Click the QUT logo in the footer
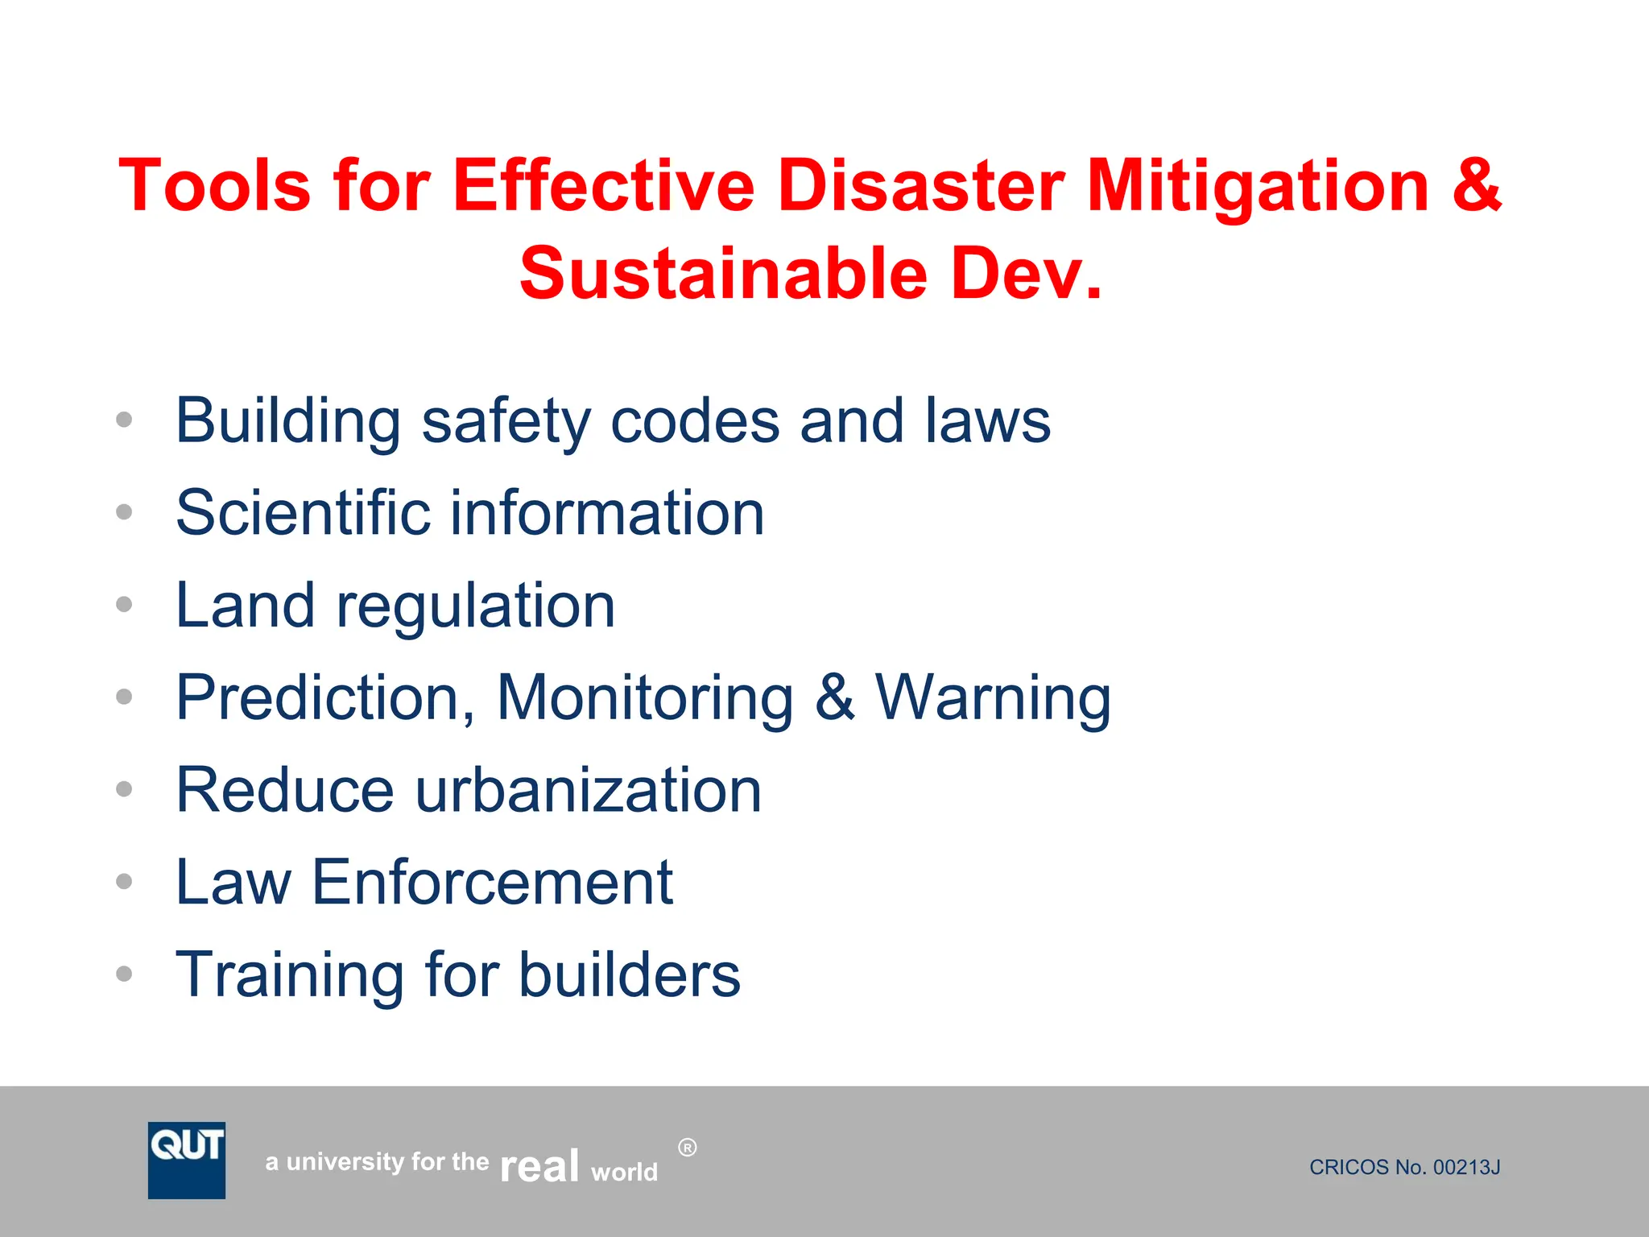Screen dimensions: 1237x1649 click(187, 1160)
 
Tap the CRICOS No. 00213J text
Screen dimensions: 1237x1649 click(1404, 1167)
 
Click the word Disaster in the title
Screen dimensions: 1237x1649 click(921, 186)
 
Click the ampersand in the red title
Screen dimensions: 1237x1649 click(1477, 186)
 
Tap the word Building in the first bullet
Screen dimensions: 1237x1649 click(288, 421)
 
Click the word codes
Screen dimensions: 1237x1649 click(695, 421)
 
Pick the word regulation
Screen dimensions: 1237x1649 click(476, 606)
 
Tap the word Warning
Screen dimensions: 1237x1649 click(994, 697)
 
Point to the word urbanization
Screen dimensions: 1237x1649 click(588, 790)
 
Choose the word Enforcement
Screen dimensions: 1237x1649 click(492, 883)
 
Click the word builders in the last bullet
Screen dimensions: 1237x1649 click(629, 974)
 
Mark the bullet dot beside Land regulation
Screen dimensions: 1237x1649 click(124, 604)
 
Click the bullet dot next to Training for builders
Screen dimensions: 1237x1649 click(124, 974)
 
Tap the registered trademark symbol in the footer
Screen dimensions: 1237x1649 click(687, 1148)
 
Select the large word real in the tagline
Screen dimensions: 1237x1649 click(539, 1166)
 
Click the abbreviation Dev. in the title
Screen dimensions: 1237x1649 click(1026, 274)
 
